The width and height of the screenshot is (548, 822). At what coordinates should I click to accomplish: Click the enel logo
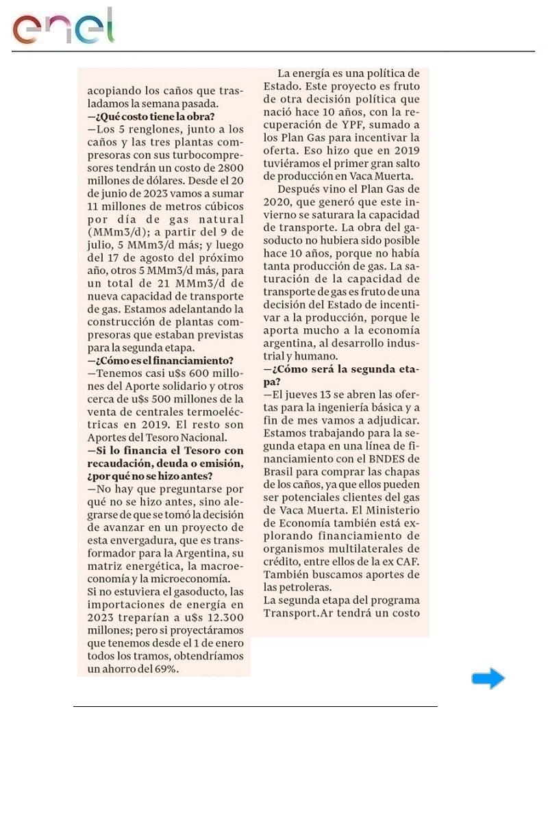click(63, 27)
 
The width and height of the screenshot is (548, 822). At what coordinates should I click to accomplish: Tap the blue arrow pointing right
click(488, 679)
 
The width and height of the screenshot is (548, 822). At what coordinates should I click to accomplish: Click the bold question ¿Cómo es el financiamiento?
click(160, 360)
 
